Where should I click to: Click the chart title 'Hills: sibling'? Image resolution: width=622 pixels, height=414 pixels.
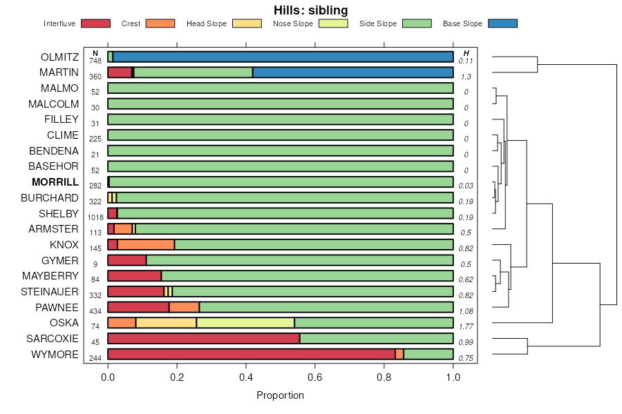pyautogui.click(x=310, y=10)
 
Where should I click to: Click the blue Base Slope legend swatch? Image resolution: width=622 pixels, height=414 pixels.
pyautogui.click(x=502, y=23)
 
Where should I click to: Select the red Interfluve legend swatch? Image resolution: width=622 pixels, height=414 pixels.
pyautogui.click(x=95, y=23)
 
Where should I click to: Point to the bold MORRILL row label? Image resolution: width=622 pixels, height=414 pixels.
pyautogui.click(x=55, y=182)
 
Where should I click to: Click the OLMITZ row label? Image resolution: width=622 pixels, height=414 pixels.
pyautogui.click(x=59, y=57)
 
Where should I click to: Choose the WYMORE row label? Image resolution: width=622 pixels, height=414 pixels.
pyautogui.click(x=55, y=354)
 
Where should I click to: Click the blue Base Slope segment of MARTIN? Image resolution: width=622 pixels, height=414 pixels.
pyautogui.click(x=353, y=72)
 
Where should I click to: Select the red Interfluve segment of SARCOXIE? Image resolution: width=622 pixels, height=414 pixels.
pyautogui.click(x=204, y=338)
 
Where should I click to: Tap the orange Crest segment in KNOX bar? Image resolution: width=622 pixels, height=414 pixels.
pyautogui.click(x=146, y=244)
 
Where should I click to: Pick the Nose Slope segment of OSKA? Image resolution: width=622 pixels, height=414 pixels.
pyautogui.click(x=245, y=322)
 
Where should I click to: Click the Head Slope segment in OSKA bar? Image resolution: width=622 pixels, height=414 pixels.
pyautogui.click(x=166, y=322)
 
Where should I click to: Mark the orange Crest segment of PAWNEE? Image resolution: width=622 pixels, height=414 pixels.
pyautogui.click(x=184, y=307)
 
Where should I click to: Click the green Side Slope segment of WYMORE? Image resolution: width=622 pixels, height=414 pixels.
pyautogui.click(x=428, y=354)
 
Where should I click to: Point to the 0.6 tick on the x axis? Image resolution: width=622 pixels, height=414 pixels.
pyautogui.click(x=315, y=377)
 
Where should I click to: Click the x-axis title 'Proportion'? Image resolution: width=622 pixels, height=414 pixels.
pyautogui.click(x=280, y=395)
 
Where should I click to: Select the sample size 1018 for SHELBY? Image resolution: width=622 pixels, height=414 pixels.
pyautogui.click(x=95, y=217)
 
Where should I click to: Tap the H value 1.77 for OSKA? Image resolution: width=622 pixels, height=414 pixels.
pyautogui.click(x=466, y=326)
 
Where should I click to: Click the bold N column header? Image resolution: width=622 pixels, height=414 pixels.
pyautogui.click(x=95, y=53)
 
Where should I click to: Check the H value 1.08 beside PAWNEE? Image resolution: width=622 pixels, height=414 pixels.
pyautogui.click(x=466, y=311)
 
